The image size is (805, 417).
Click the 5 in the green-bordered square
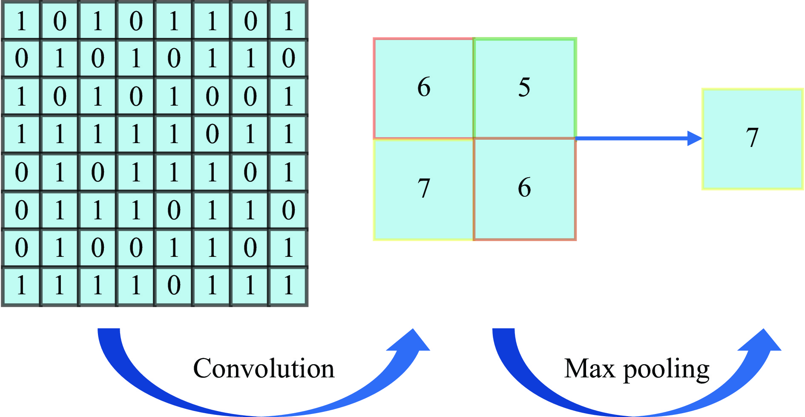tap(524, 87)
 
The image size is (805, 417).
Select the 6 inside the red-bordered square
tap(424, 87)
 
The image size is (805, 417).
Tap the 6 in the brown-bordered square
tap(524, 188)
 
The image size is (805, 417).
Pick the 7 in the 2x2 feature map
tap(424, 188)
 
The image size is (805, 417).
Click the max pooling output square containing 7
tap(752, 138)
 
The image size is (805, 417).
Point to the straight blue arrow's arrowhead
tap(695, 138)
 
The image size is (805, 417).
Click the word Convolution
tap(264, 368)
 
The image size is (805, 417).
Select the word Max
tap(589, 368)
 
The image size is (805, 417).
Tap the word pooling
tap(667, 370)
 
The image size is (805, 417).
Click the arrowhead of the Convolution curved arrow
tap(411, 341)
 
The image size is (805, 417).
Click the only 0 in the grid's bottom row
tap(174, 285)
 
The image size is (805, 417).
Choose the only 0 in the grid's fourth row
tap(212, 134)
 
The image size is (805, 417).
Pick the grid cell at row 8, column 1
tap(21, 285)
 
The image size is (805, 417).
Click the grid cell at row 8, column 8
tap(288, 285)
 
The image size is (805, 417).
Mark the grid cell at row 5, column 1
tap(21, 172)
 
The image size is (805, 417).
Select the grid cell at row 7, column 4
tap(136, 247)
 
